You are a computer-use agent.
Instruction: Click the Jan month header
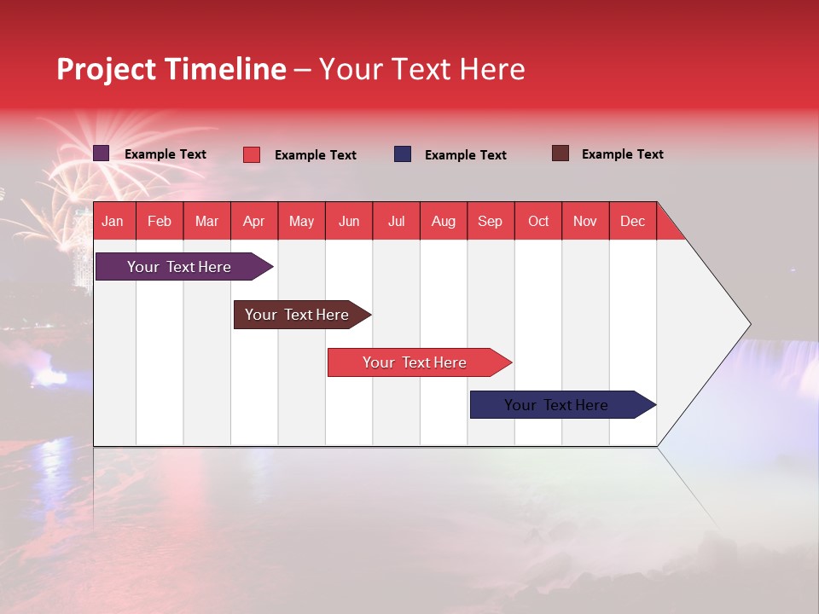(x=113, y=222)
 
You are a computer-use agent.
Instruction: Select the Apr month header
(x=254, y=222)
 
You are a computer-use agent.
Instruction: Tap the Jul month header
(x=396, y=222)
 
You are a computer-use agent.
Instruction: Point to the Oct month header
(x=538, y=222)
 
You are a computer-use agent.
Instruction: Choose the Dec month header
(x=632, y=222)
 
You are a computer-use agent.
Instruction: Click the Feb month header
(x=160, y=222)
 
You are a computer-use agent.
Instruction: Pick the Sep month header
(x=491, y=222)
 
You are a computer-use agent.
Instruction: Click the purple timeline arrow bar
(x=184, y=267)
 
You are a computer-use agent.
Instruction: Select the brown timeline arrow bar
(x=302, y=315)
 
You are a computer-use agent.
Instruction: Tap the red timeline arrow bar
(x=420, y=362)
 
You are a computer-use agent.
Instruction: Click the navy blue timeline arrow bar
(x=563, y=404)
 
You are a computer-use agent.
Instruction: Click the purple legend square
(x=101, y=153)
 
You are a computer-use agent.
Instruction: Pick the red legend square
(x=251, y=154)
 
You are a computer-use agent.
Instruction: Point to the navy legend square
(x=402, y=154)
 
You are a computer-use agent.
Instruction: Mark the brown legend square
(x=561, y=153)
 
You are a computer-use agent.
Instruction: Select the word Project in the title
(x=106, y=70)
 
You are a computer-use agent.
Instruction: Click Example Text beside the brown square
(x=623, y=154)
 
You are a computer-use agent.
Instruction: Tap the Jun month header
(x=349, y=222)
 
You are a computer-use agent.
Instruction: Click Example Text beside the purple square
(x=166, y=154)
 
